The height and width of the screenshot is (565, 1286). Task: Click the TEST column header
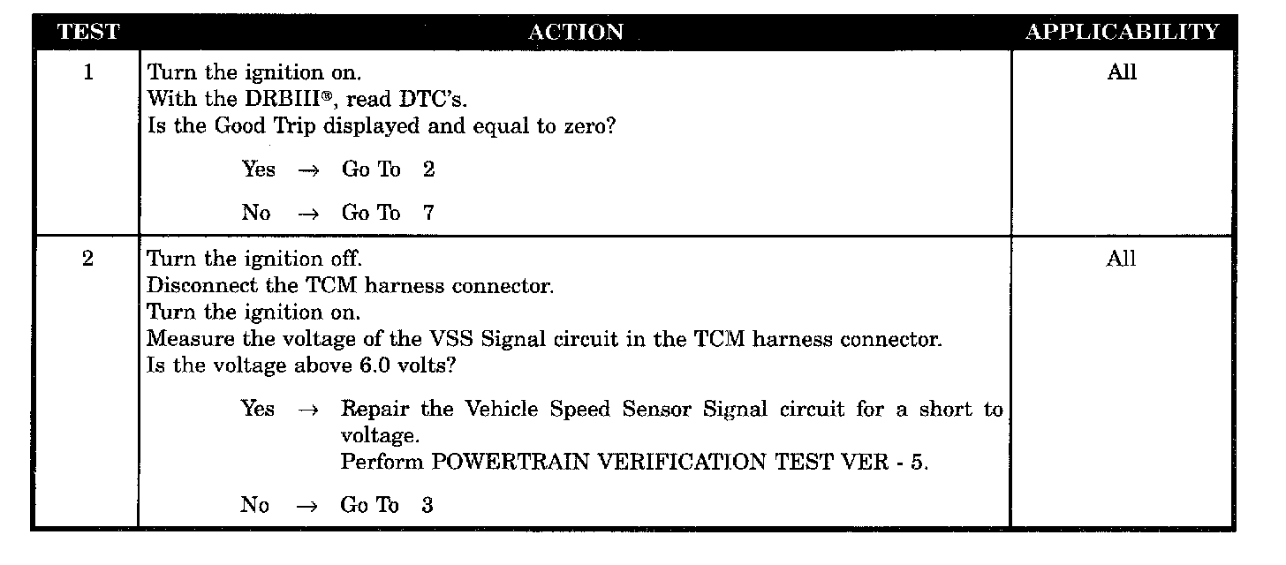tap(87, 33)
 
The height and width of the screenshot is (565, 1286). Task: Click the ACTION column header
tap(575, 33)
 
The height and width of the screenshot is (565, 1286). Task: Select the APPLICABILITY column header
tap(1122, 33)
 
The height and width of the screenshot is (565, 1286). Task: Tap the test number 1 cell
tap(87, 72)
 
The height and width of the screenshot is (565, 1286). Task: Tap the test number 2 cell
tap(87, 260)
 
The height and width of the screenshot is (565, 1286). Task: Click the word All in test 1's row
tap(1122, 72)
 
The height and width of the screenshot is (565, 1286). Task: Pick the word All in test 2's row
tap(1122, 260)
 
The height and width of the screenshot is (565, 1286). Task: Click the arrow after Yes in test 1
tap(308, 170)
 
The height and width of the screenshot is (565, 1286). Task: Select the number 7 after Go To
tap(428, 213)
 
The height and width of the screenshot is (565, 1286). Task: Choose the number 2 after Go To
tap(428, 169)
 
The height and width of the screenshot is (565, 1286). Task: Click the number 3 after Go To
tap(427, 505)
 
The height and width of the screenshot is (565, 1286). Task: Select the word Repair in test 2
tap(372, 410)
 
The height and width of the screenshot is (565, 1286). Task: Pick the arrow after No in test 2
tap(306, 506)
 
